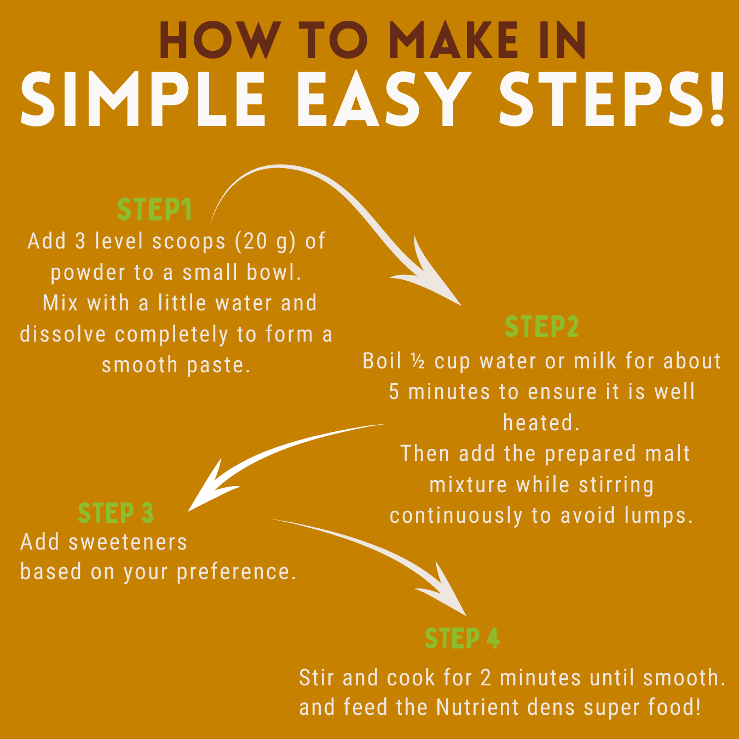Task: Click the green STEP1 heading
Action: [x=154, y=210]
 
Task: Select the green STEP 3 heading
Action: [x=116, y=513]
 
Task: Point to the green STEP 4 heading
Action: [x=462, y=638]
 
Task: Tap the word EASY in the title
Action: [x=384, y=99]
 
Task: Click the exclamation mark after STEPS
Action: [x=716, y=99]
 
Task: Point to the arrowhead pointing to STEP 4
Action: [x=445, y=591]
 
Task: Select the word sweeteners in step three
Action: [x=128, y=542]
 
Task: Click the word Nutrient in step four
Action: [x=481, y=707]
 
